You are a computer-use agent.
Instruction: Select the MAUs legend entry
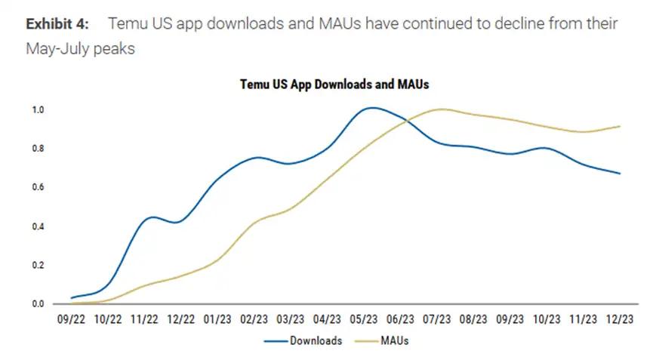pyautogui.click(x=393, y=341)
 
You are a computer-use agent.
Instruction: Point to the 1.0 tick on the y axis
pyautogui.click(x=39, y=109)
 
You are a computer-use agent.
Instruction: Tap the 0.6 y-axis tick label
pyautogui.click(x=39, y=187)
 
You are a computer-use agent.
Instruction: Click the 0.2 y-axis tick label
pyautogui.click(x=39, y=265)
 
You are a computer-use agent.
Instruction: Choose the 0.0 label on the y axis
pyautogui.click(x=39, y=303)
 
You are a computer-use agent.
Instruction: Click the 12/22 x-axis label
pyautogui.click(x=180, y=319)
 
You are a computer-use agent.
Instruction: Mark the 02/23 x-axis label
pyautogui.click(x=254, y=319)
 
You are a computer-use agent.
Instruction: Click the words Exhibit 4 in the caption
pyautogui.click(x=57, y=24)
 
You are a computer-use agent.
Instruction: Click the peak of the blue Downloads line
pyautogui.click(x=371, y=108)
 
